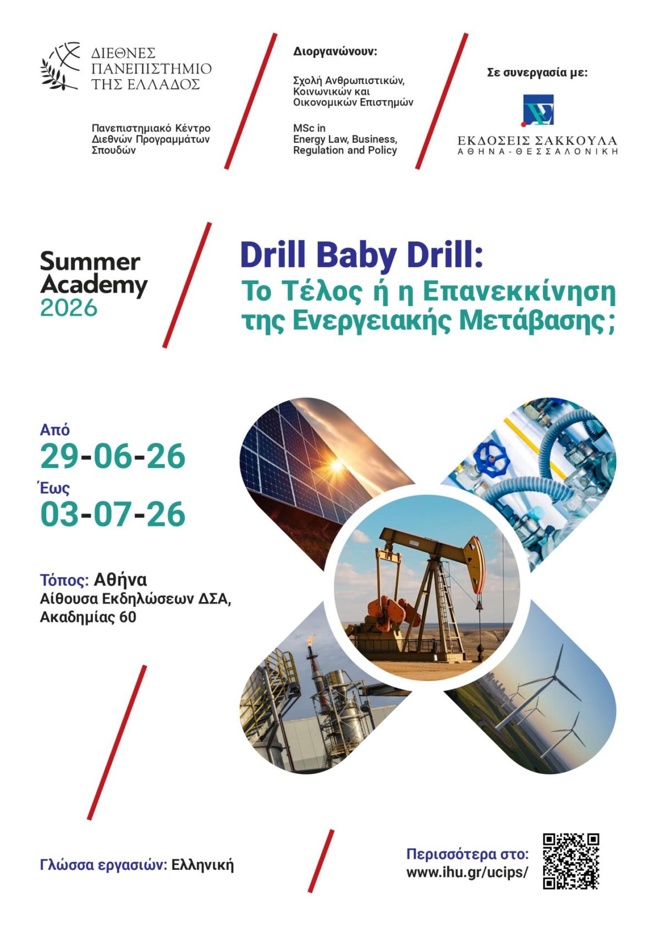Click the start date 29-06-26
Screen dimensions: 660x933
click(x=113, y=456)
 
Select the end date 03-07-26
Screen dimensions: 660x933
click(x=113, y=514)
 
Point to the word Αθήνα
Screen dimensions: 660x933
click(x=120, y=579)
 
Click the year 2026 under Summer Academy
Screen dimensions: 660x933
click(x=69, y=308)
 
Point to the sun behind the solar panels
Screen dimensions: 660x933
click(x=336, y=465)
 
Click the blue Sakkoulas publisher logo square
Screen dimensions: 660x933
click(x=538, y=110)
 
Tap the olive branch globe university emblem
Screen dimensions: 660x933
click(x=60, y=65)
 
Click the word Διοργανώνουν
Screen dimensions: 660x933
click(x=334, y=52)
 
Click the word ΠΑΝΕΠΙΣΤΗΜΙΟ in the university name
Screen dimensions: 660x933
click(x=151, y=68)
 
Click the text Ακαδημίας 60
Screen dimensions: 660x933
click(x=89, y=617)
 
